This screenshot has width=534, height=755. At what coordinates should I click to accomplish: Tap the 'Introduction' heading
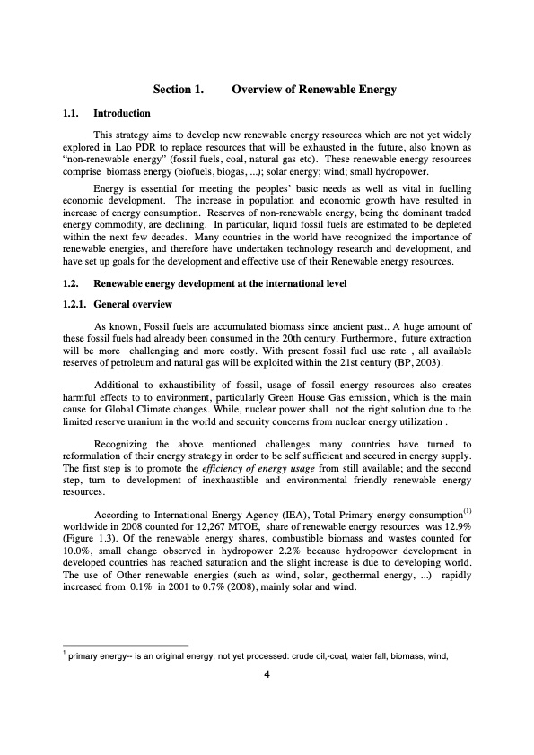pos(122,114)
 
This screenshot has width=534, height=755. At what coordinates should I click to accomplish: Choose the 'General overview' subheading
pos(135,304)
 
